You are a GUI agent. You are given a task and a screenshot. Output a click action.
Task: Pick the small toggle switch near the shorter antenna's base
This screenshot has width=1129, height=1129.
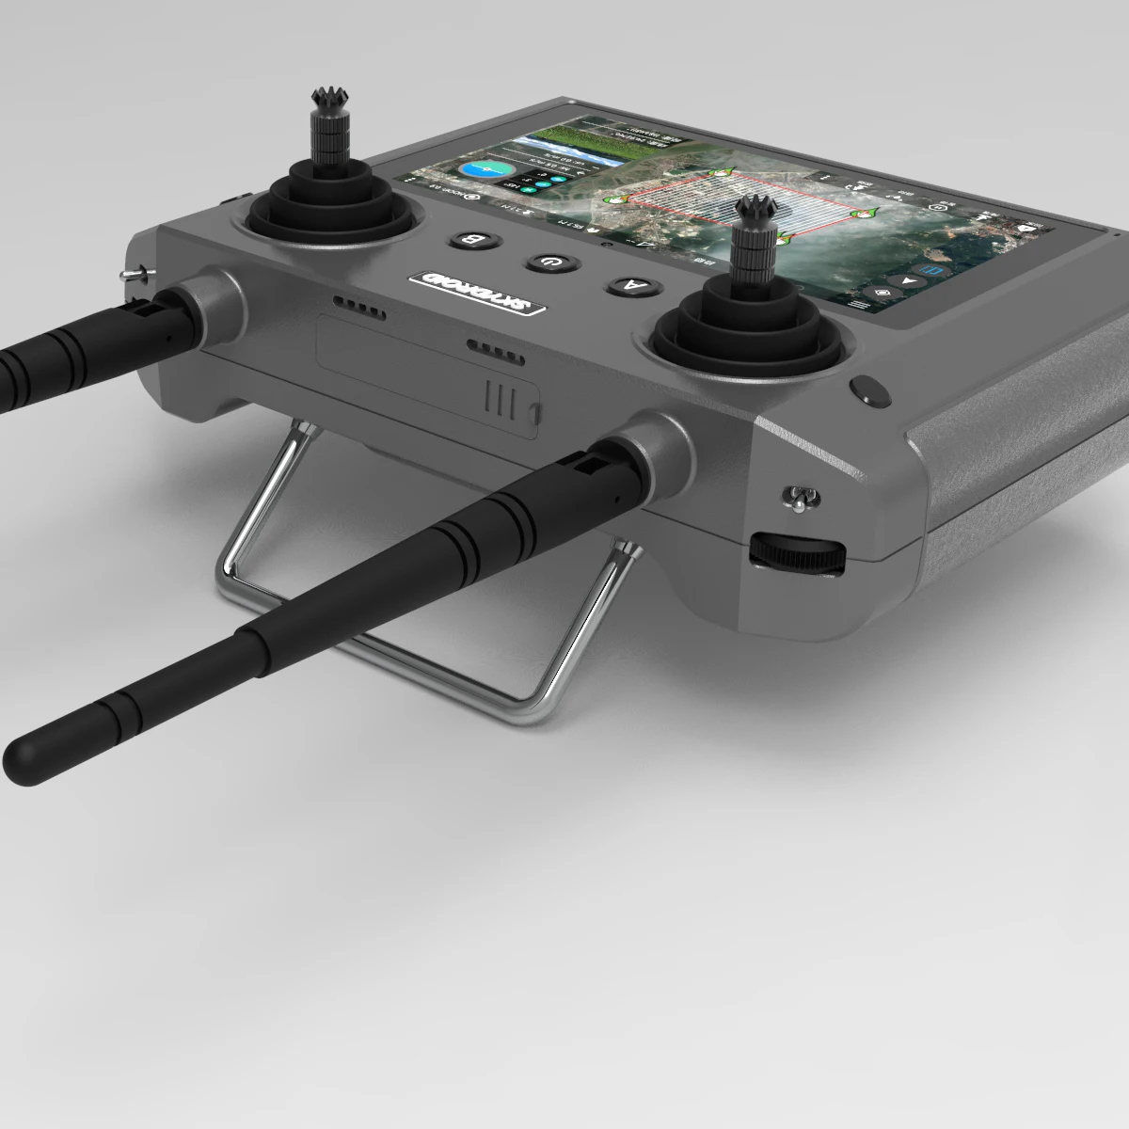[135, 273]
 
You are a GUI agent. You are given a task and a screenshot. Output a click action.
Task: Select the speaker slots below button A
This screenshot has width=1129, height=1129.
[496, 350]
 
